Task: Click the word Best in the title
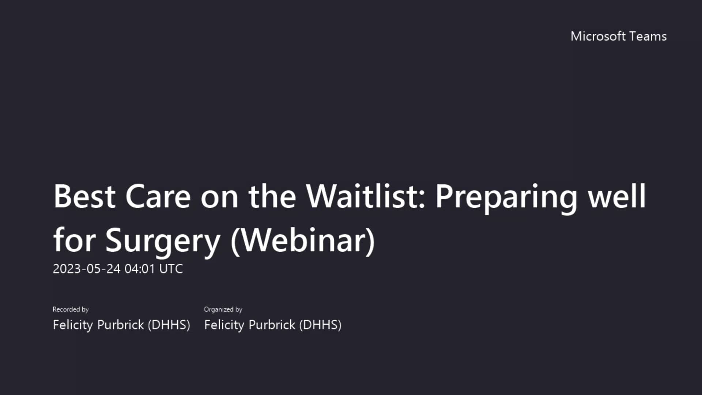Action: click(x=84, y=196)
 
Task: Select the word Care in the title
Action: click(x=158, y=196)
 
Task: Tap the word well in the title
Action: click(x=617, y=196)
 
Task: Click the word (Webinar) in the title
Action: click(x=303, y=241)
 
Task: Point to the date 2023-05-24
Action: click(x=86, y=269)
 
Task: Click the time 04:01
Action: click(x=140, y=269)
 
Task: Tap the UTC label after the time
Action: click(x=171, y=269)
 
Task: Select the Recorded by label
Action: click(x=71, y=309)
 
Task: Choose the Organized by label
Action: click(x=223, y=309)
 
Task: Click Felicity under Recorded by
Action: click(x=73, y=325)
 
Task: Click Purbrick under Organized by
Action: click(x=272, y=325)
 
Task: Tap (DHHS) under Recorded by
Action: click(x=169, y=325)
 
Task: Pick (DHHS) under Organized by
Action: click(x=320, y=325)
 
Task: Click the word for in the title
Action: click(x=74, y=241)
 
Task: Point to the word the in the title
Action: click(x=272, y=196)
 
